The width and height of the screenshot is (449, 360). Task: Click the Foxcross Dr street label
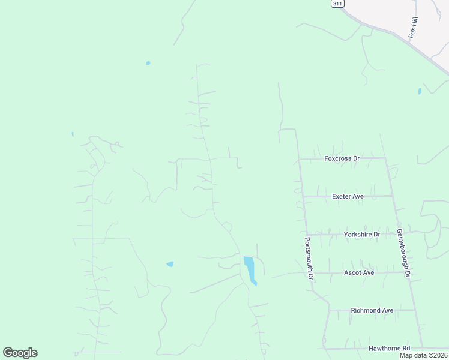point(341,159)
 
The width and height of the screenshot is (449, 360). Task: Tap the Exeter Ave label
point(348,196)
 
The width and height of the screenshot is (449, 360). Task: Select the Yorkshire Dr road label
point(362,234)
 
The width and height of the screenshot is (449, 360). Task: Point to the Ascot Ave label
point(359,272)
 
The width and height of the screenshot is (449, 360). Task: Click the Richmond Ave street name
point(372,310)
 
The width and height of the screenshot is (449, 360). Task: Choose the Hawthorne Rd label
point(389,348)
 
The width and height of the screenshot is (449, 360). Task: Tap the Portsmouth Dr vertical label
point(308,259)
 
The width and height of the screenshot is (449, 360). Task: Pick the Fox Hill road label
point(413,28)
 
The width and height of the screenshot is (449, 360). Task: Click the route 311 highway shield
point(338,4)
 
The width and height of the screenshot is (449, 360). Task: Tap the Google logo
point(20,353)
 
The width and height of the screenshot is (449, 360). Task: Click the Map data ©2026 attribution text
point(423,355)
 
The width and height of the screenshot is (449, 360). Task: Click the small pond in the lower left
point(170,264)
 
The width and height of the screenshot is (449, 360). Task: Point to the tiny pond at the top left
point(148,62)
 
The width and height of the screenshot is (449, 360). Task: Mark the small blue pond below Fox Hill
point(420,91)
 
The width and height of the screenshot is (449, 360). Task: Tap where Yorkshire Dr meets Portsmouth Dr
point(307,234)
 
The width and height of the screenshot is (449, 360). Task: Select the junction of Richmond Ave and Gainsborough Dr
point(414,310)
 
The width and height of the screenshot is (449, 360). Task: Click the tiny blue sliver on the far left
point(73,134)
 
